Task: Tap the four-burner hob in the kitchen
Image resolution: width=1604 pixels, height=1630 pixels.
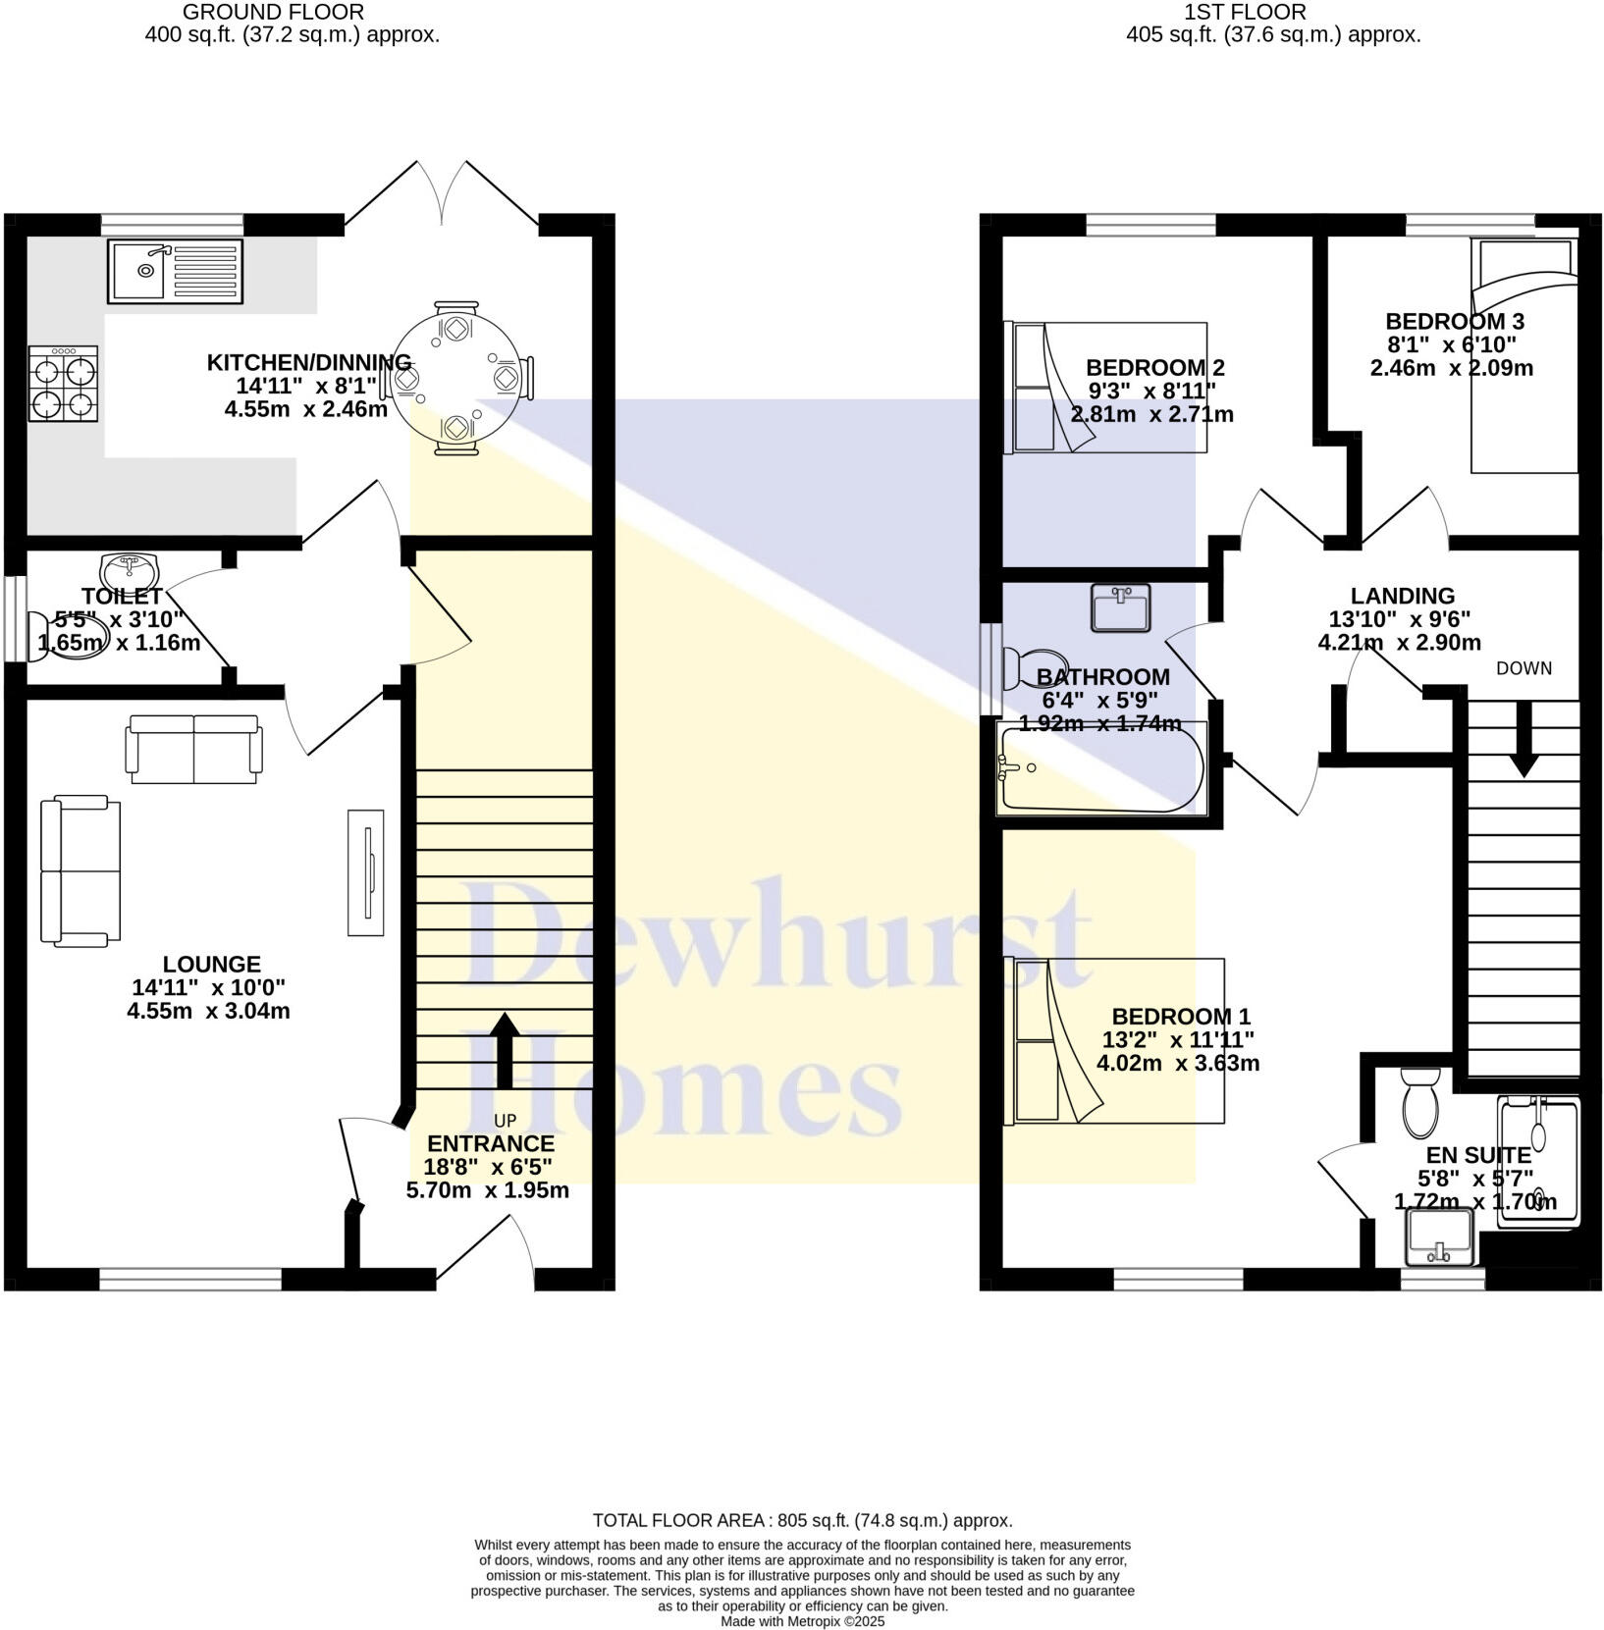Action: click(x=64, y=384)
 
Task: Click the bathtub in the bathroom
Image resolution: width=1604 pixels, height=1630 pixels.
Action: click(x=1099, y=768)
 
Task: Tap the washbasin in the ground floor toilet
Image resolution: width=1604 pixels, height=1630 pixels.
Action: click(x=129, y=568)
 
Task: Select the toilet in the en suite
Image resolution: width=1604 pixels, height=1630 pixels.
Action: click(x=1419, y=1103)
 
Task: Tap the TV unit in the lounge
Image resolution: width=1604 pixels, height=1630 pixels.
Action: click(x=365, y=872)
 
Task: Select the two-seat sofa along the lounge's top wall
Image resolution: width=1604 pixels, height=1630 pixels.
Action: click(x=194, y=749)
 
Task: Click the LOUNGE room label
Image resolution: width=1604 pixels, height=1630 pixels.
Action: click(x=212, y=965)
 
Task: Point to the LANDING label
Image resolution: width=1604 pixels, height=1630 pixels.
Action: click(x=1402, y=596)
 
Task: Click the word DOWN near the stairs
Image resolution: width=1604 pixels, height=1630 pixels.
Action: click(x=1524, y=668)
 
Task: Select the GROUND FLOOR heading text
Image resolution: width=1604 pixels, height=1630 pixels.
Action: click(x=273, y=13)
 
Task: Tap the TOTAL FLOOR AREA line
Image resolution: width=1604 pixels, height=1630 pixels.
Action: click(x=802, y=1520)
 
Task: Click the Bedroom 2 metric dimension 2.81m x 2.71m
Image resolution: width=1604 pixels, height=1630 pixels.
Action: click(x=1151, y=414)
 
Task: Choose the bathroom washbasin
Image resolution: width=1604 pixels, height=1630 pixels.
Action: click(x=1120, y=607)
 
